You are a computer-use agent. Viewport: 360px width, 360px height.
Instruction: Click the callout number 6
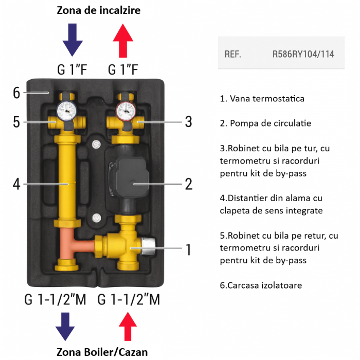coord(16,93)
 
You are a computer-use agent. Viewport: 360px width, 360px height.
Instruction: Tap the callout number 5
coord(16,122)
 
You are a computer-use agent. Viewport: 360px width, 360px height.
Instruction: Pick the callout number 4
coord(16,183)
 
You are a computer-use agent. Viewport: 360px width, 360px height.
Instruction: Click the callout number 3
coord(188,122)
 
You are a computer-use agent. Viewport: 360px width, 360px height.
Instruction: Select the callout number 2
coord(188,183)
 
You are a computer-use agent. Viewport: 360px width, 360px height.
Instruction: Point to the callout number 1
coord(188,250)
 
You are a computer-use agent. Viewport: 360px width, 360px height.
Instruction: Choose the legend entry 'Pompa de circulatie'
coord(265,123)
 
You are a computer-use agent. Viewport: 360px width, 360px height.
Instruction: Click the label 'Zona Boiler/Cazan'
coord(102,352)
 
